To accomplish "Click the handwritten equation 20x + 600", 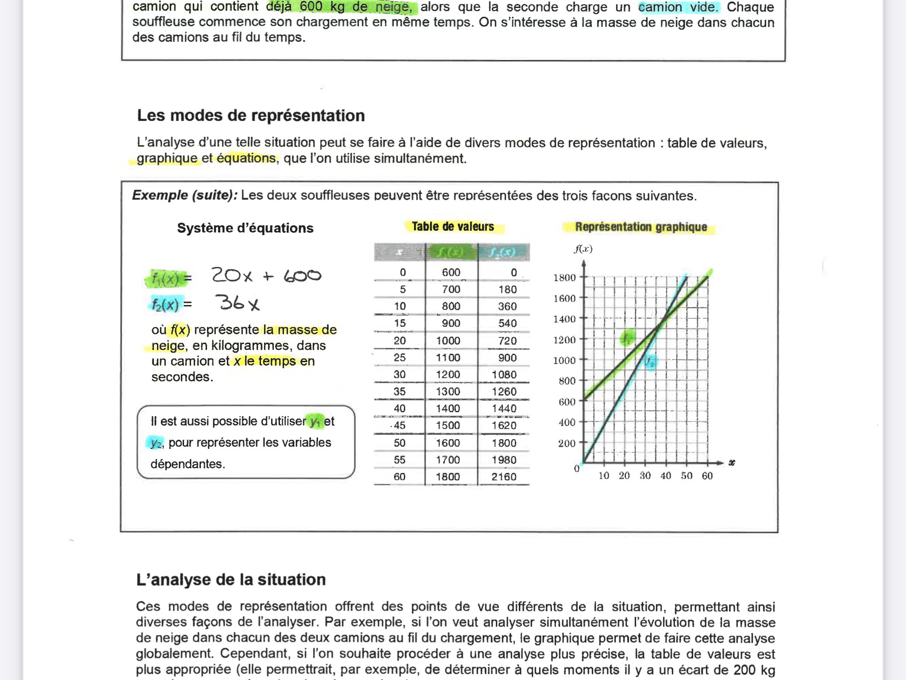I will pos(266,276).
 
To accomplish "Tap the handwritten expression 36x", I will pos(237,303).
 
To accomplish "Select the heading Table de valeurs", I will pos(453,227).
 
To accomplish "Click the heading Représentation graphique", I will pos(641,227).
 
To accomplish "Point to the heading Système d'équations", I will pos(245,228).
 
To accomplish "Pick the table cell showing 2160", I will pos(504,477).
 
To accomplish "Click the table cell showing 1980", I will pos(504,460).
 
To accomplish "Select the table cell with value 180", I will pos(507,290).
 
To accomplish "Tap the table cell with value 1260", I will pos(504,392).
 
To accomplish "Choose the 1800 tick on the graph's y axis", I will pos(564,278).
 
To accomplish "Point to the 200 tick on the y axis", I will pos(566,443).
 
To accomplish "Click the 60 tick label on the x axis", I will pos(707,476).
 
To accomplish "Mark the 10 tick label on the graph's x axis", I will pos(604,476).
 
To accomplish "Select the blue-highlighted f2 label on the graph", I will pos(650,362).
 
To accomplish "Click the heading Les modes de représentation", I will pos(251,116).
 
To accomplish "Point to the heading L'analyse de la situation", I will pos(231,580).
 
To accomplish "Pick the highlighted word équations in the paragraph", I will pos(246,158).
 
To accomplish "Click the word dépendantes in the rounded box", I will pos(188,464).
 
